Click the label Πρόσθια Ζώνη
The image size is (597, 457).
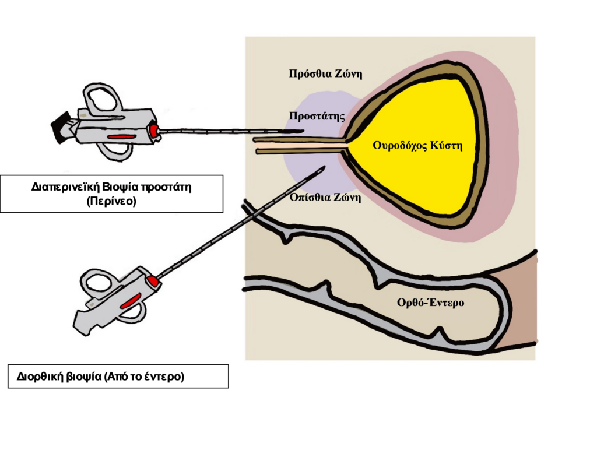pyautogui.click(x=326, y=74)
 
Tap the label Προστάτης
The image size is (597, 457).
pyautogui.click(x=317, y=116)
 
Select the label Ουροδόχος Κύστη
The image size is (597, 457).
pyautogui.click(x=417, y=146)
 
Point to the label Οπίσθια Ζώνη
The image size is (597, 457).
pyautogui.click(x=325, y=198)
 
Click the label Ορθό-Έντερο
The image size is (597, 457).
pyautogui.click(x=430, y=303)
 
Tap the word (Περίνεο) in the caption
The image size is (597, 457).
pyautogui.click(x=111, y=201)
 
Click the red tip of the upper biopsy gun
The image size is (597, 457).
pyautogui.click(x=154, y=131)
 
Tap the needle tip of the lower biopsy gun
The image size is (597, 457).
pyautogui.click(x=323, y=168)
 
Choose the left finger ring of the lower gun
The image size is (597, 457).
pyautogui.click(x=94, y=283)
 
